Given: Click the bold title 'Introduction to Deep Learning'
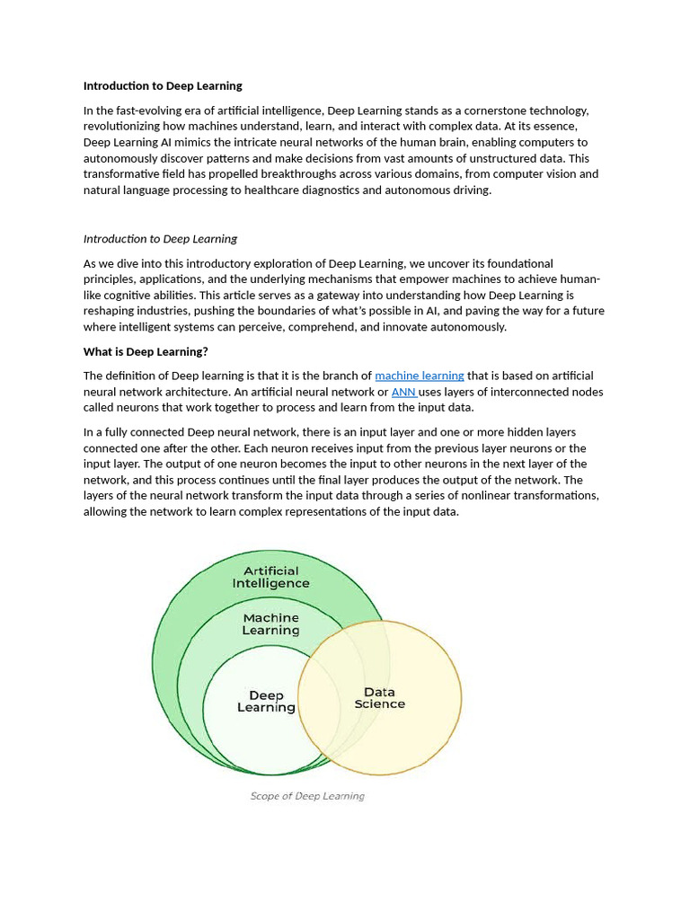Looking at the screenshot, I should click(x=163, y=86).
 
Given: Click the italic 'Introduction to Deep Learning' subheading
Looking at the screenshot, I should click(x=160, y=239).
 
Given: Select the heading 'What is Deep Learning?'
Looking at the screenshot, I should click(x=146, y=351).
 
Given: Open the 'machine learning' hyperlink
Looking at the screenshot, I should click(x=420, y=376).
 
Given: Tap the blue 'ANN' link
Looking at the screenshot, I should click(x=403, y=392).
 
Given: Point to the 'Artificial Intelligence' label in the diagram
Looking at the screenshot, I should click(x=270, y=577).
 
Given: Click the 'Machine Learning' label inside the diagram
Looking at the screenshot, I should click(x=270, y=624).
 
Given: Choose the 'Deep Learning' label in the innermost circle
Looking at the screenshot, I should click(x=266, y=702).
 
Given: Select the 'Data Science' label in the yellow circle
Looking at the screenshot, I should click(x=379, y=698).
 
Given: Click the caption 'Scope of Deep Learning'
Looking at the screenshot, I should click(x=307, y=796).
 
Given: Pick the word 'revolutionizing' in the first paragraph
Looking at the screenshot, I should click(x=124, y=127).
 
